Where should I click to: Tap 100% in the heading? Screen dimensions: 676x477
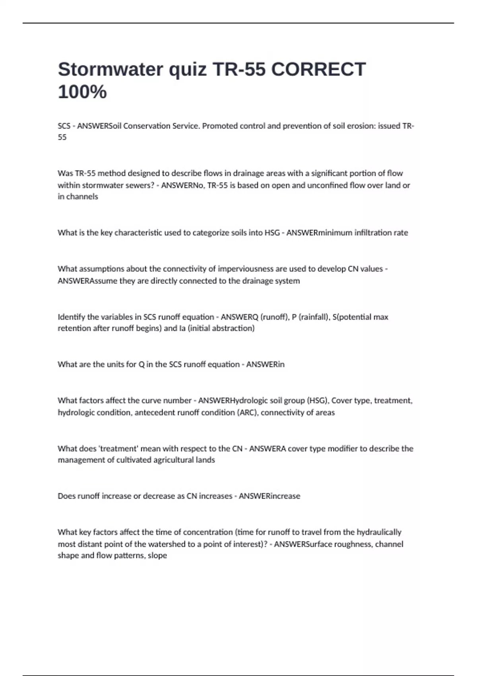(82, 92)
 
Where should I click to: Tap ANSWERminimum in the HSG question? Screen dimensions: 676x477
(321, 233)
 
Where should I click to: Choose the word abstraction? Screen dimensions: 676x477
(233, 328)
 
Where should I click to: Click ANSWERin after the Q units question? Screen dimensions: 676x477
(265, 365)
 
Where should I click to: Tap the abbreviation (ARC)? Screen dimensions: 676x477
(247, 413)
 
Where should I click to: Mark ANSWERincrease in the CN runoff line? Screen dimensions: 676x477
(269, 496)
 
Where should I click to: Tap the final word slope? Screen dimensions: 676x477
(157, 556)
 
